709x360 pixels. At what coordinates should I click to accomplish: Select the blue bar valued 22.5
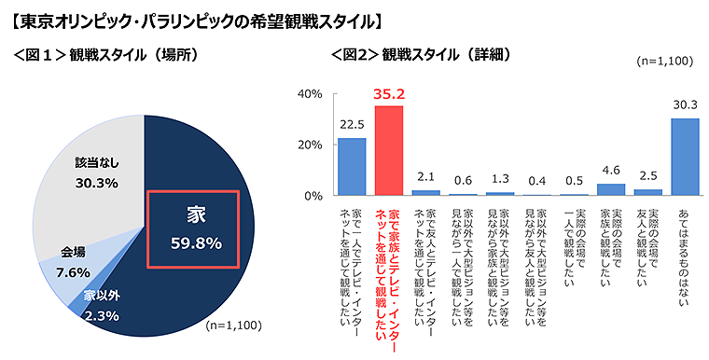coord(351,167)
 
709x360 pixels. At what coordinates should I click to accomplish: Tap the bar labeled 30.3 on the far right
coord(685,157)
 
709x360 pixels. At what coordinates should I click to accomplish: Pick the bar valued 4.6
coord(610,190)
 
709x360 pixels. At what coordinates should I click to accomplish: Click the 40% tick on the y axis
coord(310,94)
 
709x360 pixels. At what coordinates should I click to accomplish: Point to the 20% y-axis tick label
coord(310,145)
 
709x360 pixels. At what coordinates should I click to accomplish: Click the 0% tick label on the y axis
coord(313,196)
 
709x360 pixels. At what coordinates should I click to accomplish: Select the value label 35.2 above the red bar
coord(388,94)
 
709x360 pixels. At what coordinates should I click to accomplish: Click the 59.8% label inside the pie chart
coord(197,243)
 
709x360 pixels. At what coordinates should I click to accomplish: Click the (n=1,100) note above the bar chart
coord(662,62)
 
